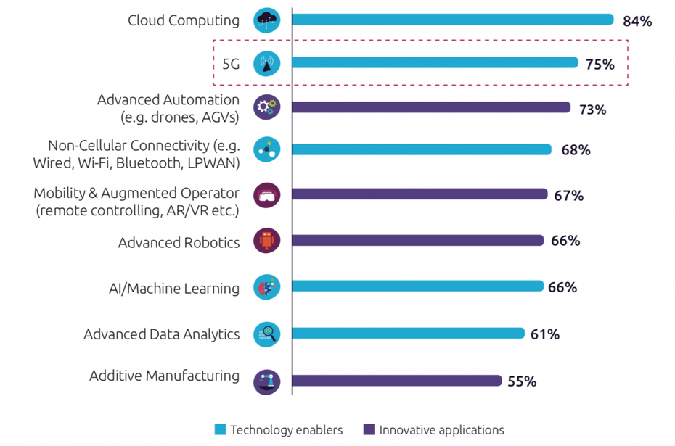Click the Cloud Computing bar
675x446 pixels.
[453, 20]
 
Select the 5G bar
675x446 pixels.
[435, 63]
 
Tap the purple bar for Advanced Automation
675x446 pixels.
[431, 107]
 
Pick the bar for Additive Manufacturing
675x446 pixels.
[396, 380]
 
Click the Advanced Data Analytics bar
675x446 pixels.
[408, 333]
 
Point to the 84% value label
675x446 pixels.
[637, 21]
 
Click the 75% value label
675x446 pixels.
[600, 65]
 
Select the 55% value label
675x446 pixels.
[521, 381]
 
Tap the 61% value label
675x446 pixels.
[544, 334]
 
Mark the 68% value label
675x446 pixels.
[575, 150]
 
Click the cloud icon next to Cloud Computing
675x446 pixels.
[266, 20]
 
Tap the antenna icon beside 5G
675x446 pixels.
[266, 64]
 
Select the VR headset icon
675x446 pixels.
[266, 194]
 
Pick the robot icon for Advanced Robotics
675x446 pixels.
[266, 241]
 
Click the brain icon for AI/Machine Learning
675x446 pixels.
[266, 287]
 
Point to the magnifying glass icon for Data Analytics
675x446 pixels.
[266, 334]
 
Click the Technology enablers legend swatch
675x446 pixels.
[221, 429]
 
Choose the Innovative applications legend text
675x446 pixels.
[441, 429]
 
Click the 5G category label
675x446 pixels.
[231, 64]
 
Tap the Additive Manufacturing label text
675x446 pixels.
[164, 376]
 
